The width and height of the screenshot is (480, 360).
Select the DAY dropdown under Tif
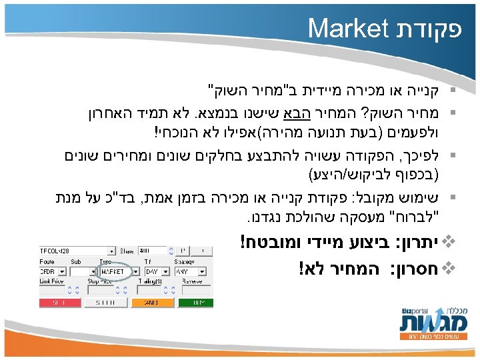(x=153, y=271)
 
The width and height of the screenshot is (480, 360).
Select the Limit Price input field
(x=52, y=289)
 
